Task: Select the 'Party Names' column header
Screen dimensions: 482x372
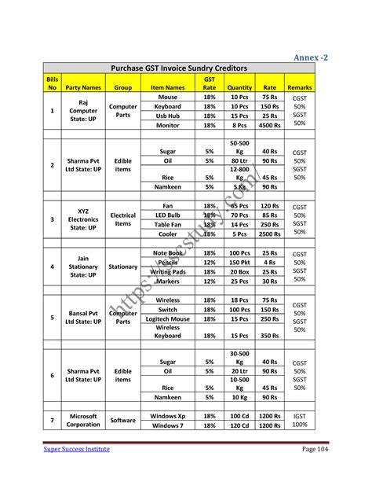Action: [x=83, y=87]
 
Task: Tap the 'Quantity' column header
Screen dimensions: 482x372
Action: [x=239, y=87]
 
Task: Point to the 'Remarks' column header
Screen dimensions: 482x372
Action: [x=300, y=87]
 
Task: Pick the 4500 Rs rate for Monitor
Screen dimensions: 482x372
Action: [x=270, y=125]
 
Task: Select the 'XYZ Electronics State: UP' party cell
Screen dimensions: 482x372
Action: [x=83, y=219]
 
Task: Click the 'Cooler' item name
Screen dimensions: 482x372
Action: [x=168, y=234]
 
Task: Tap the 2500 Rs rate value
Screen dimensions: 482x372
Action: [x=270, y=234]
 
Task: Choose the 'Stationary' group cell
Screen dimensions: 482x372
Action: [x=123, y=267]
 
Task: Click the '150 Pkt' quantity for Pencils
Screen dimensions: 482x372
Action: [x=239, y=263]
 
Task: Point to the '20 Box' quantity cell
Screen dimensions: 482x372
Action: [x=239, y=272]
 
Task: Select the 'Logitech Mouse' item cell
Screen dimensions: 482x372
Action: [x=168, y=319]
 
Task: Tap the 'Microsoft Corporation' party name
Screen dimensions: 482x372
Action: [x=83, y=421]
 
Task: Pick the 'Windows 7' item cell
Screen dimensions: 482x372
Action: [x=168, y=425]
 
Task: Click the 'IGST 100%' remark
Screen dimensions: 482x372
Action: [x=300, y=421]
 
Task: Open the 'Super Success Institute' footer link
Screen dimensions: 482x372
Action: [x=76, y=448]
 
